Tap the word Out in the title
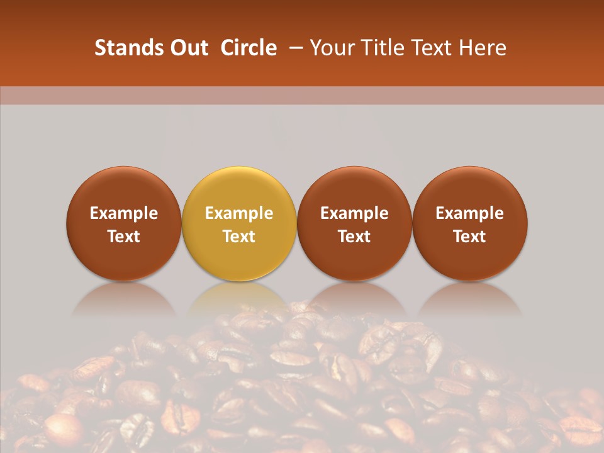click(187, 48)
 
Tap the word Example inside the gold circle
click(239, 213)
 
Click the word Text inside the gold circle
click(239, 237)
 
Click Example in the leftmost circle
click(124, 213)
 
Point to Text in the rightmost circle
click(470, 237)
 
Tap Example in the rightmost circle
click(470, 213)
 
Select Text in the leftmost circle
click(124, 237)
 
